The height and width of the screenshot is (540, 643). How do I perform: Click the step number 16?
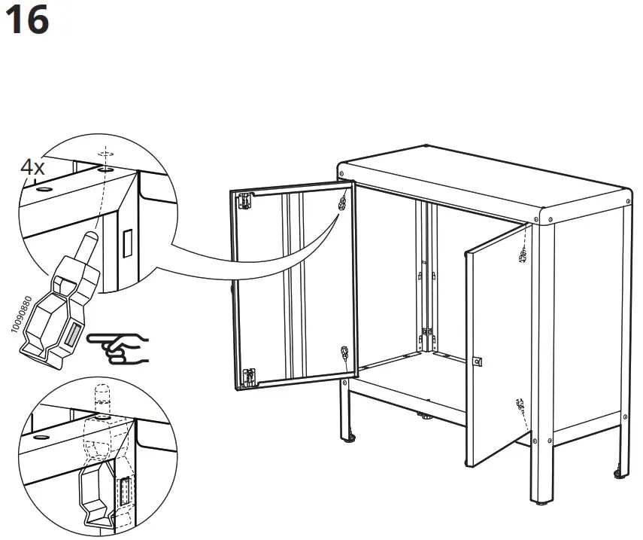[x=26, y=20]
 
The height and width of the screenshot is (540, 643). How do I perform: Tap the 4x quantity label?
[x=32, y=167]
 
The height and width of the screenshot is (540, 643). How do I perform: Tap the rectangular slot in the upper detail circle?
[x=126, y=242]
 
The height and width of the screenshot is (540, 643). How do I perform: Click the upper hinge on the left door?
[x=244, y=200]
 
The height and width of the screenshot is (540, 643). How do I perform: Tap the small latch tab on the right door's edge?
[x=476, y=362]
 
